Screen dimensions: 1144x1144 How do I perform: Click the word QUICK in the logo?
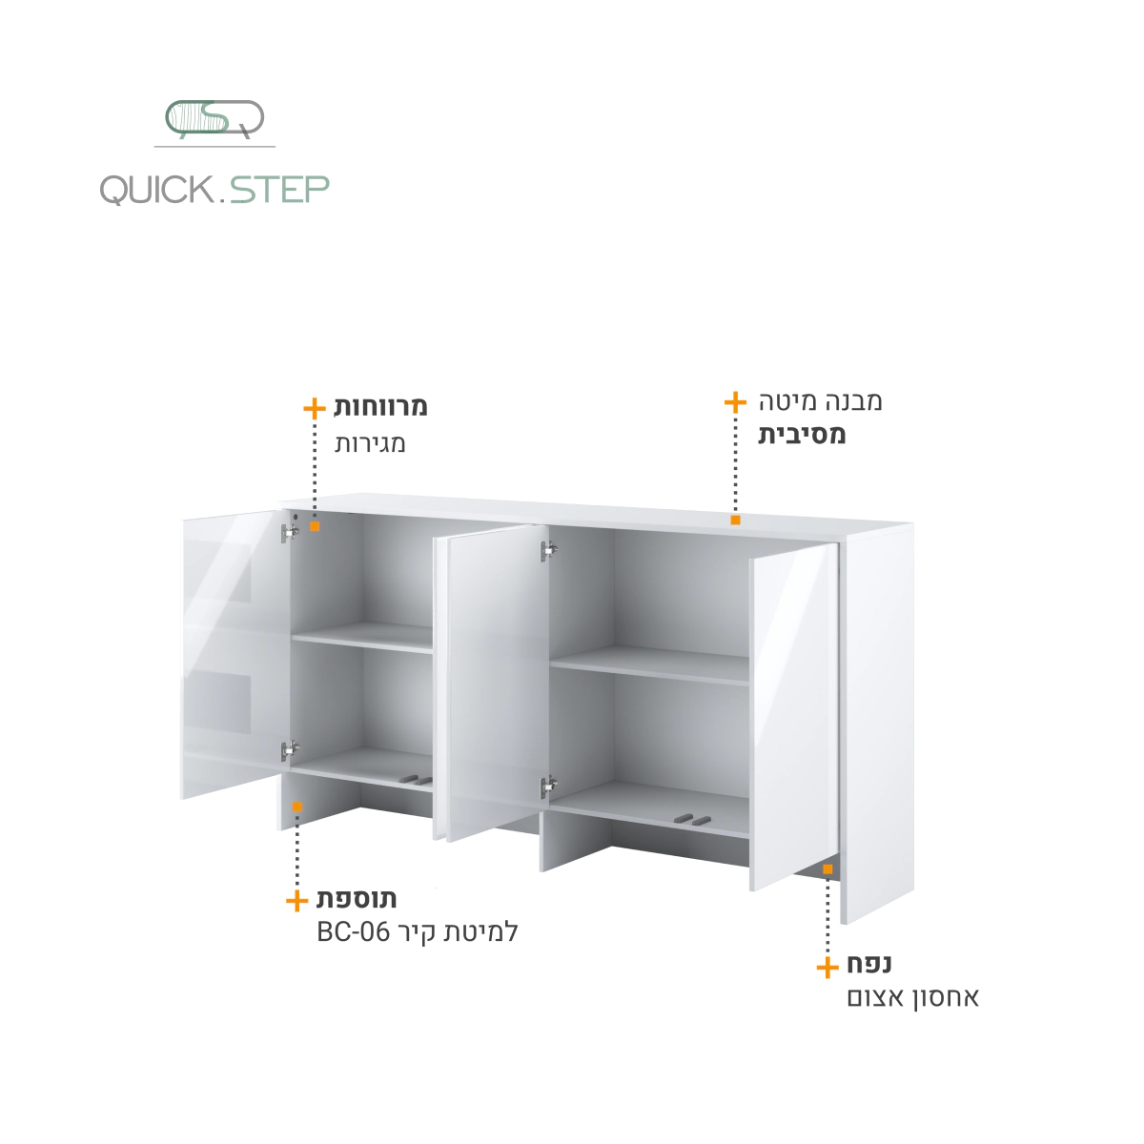(x=157, y=190)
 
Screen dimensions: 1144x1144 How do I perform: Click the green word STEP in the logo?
(x=279, y=190)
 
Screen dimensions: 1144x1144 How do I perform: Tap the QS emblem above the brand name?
(x=214, y=119)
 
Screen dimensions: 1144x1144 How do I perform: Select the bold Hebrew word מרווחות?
(x=380, y=407)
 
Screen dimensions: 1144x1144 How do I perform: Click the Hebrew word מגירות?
(x=370, y=443)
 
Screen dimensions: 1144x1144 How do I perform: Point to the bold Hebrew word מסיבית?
(x=802, y=435)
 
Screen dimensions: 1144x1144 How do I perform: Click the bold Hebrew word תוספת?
(x=357, y=899)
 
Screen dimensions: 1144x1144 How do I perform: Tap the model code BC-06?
(x=354, y=932)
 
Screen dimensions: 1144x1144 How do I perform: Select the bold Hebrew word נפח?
(x=869, y=963)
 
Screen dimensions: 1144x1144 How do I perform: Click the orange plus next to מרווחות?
(x=315, y=408)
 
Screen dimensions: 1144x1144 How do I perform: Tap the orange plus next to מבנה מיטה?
(x=736, y=402)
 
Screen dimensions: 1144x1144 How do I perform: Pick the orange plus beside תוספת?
(x=296, y=901)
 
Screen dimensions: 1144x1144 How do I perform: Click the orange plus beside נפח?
(x=827, y=968)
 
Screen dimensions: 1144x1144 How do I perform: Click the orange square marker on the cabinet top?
(x=736, y=521)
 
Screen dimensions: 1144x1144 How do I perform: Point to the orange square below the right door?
(x=827, y=869)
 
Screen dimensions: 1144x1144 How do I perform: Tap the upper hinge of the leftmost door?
(x=290, y=533)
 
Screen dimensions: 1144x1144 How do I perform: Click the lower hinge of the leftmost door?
(x=290, y=750)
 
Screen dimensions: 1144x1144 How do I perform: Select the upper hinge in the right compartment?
(x=548, y=551)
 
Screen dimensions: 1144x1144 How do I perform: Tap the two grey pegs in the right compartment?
(x=692, y=820)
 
